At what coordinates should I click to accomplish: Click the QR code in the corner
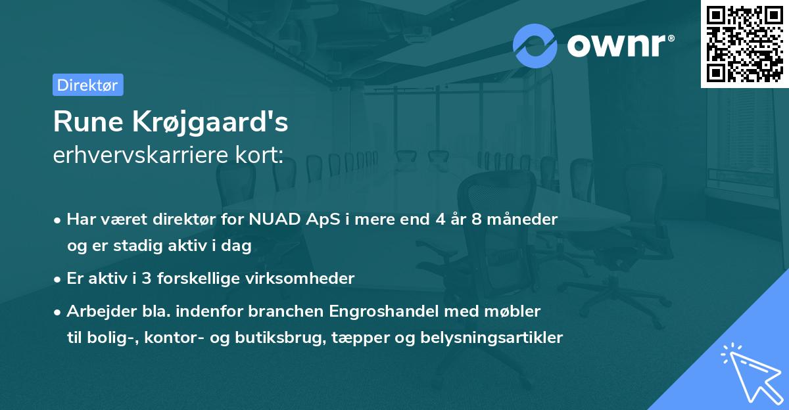point(744,44)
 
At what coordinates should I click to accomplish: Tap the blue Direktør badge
point(87,85)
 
